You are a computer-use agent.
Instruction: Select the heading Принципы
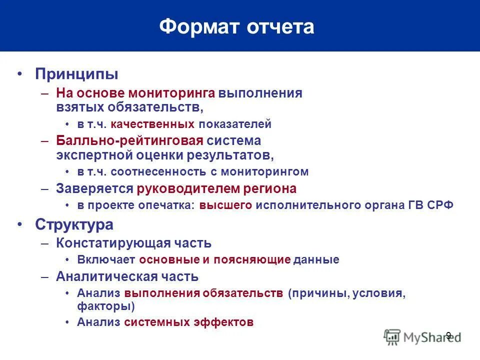(76, 74)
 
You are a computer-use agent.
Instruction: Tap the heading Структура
(74, 224)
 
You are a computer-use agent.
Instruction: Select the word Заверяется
(94, 188)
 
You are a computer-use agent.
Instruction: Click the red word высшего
(225, 205)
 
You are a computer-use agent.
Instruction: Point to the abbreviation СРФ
(440, 205)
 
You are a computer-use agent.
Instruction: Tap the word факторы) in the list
(105, 305)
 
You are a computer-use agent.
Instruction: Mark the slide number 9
(448, 335)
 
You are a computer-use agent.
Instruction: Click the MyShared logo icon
(392, 337)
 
